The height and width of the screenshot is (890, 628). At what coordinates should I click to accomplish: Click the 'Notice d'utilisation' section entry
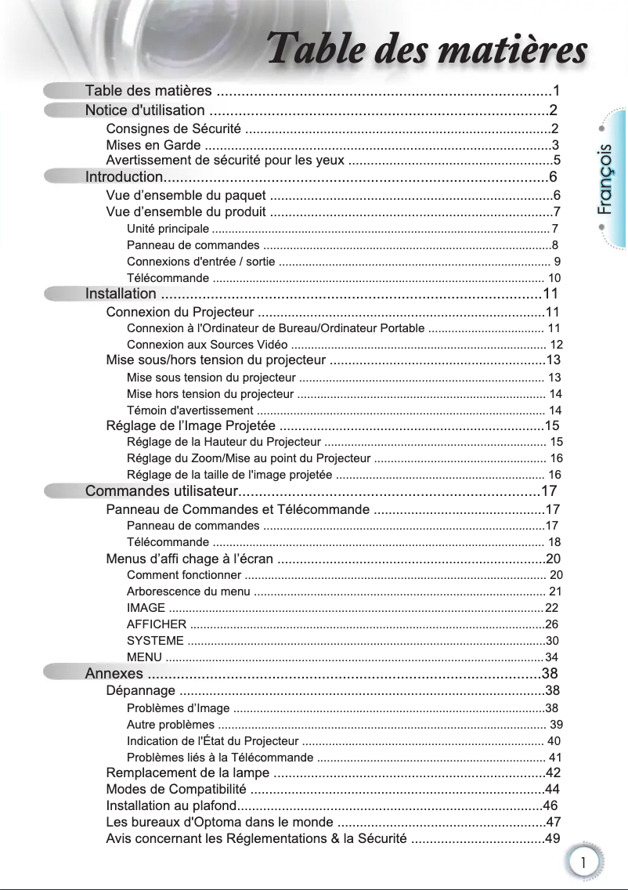pyautogui.click(x=145, y=110)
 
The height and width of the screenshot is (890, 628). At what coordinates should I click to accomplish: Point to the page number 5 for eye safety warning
pyautogui.click(x=557, y=161)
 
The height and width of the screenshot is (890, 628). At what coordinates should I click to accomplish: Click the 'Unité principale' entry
pyautogui.click(x=168, y=229)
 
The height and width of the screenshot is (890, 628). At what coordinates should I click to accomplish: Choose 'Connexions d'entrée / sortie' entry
pyautogui.click(x=200, y=262)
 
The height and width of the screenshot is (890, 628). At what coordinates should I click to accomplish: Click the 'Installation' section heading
pyautogui.click(x=121, y=294)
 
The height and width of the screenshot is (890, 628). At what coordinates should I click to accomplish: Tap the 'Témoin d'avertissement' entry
pyautogui.click(x=189, y=410)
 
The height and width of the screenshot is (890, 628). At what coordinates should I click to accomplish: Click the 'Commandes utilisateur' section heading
pyautogui.click(x=161, y=491)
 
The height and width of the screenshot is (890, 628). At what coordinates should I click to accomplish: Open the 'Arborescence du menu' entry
pyautogui.click(x=189, y=591)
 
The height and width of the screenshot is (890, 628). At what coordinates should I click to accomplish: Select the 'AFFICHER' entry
pyautogui.click(x=157, y=624)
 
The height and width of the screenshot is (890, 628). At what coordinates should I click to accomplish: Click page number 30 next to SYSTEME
pyautogui.click(x=552, y=641)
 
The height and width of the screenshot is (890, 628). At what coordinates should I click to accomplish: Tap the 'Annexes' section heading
pyautogui.click(x=114, y=674)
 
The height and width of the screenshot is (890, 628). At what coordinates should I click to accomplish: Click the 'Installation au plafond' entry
pyautogui.click(x=171, y=806)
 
